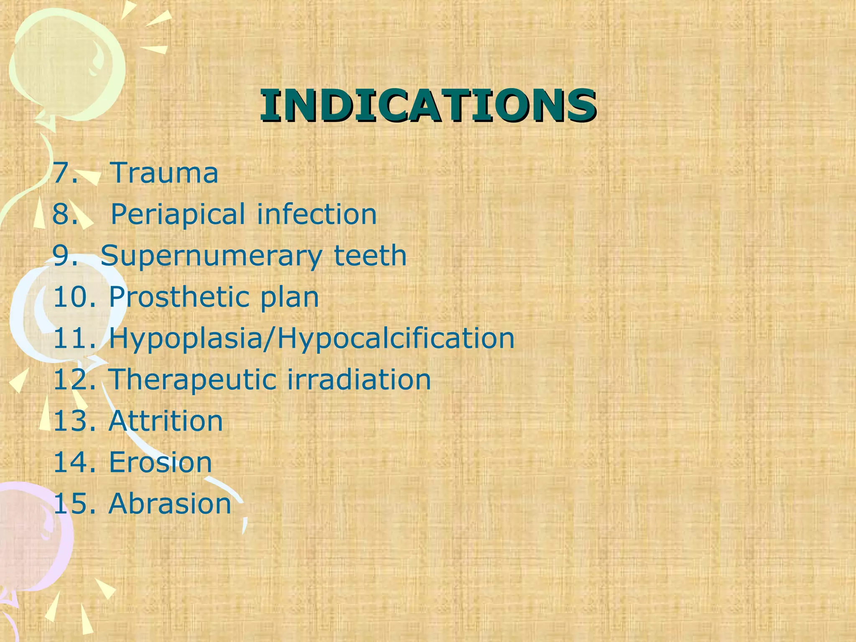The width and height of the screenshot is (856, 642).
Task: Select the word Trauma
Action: (164, 172)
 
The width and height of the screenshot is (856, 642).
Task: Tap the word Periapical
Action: (178, 214)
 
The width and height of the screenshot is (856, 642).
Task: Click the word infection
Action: (316, 214)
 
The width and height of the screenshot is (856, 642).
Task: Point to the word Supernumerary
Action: (211, 256)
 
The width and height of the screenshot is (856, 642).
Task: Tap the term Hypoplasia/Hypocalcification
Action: (312, 339)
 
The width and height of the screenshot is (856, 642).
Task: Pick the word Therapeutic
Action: (192, 380)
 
